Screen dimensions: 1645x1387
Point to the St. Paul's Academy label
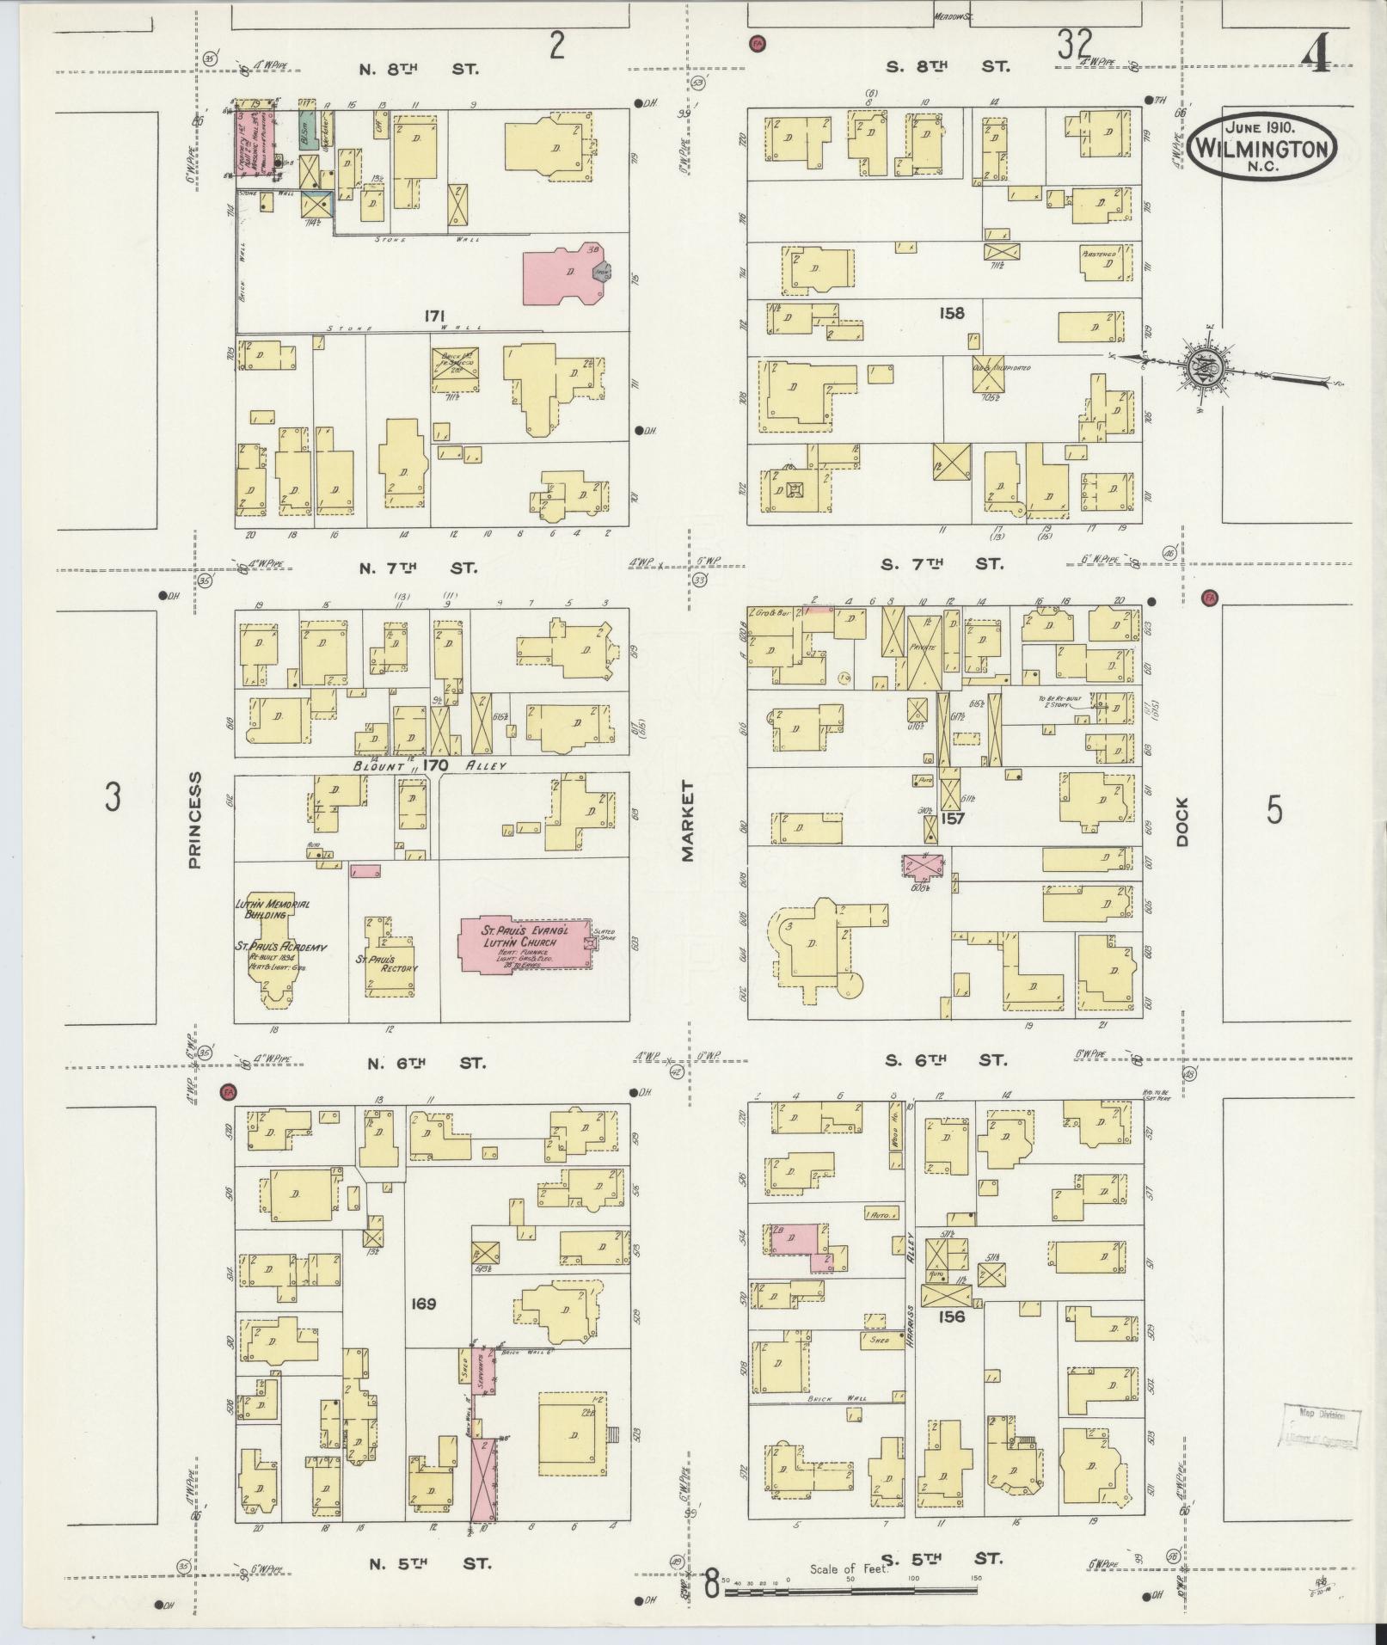point(282,946)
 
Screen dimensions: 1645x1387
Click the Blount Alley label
point(427,764)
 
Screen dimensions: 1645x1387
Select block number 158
point(951,313)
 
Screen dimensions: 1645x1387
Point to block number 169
point(424,1327)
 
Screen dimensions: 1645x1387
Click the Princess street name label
point(194,819)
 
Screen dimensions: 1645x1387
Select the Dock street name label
point(1182,822)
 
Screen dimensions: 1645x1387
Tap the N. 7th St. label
point(422,568)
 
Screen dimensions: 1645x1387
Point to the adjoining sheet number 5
point(1273,809)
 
